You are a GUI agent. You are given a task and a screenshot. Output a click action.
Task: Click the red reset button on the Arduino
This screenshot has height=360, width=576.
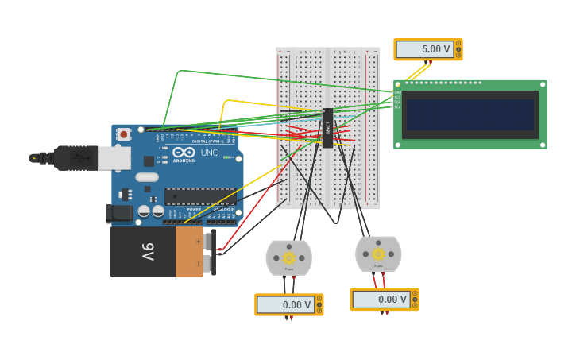point(124,134)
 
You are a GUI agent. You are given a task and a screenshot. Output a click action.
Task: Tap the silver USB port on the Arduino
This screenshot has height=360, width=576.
point(114,158)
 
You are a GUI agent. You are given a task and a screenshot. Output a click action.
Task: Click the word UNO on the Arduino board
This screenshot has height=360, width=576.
point(210,153)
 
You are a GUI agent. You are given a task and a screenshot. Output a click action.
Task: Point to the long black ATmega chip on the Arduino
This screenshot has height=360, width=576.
point(200,196)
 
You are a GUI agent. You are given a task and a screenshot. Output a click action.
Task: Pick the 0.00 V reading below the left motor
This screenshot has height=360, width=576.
point(286,304)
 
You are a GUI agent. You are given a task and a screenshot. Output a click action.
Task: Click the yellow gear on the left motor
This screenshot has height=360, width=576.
point(288,257)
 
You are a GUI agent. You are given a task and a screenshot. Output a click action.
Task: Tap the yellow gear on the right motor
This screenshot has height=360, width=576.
point(378,254)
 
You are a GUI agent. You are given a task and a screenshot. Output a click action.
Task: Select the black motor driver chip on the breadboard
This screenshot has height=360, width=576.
point(327,128)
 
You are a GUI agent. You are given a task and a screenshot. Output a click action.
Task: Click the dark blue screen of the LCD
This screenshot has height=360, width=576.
point(470,114)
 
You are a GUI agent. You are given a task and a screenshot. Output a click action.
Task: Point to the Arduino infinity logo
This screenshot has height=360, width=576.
point(184,152)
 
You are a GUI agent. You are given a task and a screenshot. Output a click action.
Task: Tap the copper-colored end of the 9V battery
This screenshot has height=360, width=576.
point(189,252)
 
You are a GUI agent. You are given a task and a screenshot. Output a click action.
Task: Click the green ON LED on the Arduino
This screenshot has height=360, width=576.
point(226,157)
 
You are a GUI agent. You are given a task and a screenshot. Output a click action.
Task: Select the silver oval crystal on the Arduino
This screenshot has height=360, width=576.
point(147,177)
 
